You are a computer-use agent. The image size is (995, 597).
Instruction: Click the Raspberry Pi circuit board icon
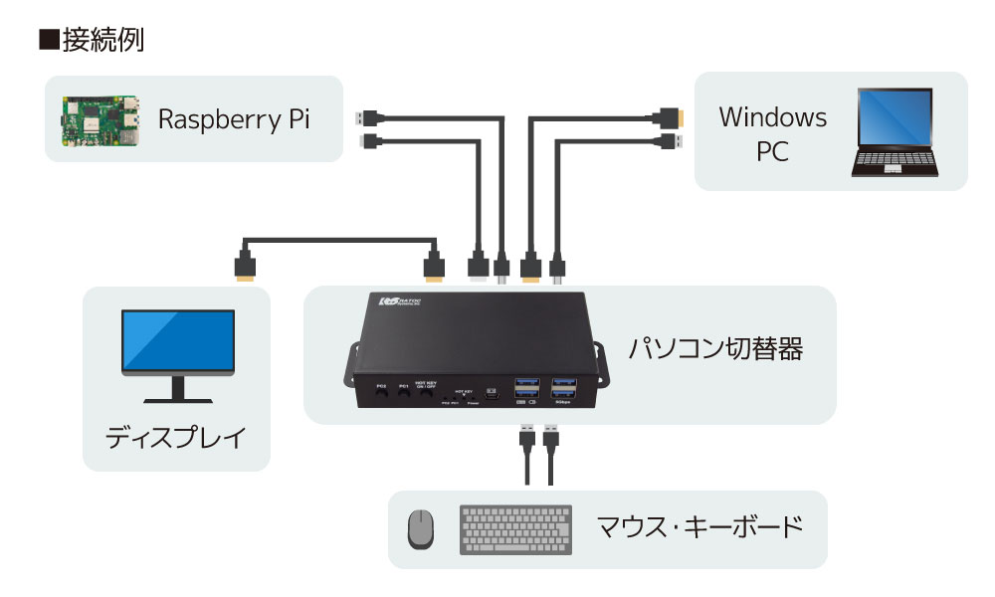[96, 119]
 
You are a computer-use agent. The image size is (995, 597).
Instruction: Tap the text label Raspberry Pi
[235, 119]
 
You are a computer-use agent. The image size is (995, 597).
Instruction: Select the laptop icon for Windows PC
[895, 133]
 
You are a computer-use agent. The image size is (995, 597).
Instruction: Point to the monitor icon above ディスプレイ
[178, 354]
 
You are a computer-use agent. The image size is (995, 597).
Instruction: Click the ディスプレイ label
[175, 438]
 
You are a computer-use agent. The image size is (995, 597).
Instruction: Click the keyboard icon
[515, 529]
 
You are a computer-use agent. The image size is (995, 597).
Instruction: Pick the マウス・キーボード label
[698, 526]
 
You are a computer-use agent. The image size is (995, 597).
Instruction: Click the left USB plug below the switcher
[524, 437]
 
